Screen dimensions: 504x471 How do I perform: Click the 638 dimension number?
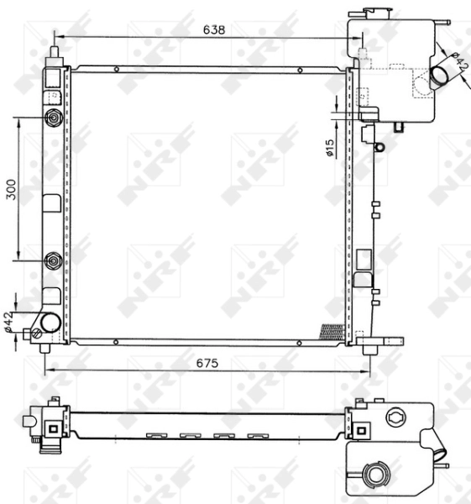click(214, 29)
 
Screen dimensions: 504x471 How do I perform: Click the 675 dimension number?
click(207, 363)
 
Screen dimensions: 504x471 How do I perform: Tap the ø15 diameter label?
click(330, 148)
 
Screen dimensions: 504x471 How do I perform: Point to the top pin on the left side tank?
click(55, 52)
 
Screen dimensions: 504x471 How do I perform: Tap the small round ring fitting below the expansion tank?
click(379, 147)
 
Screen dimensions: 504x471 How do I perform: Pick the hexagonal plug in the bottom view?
click(395, 417)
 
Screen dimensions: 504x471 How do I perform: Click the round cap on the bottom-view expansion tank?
click(374, 475)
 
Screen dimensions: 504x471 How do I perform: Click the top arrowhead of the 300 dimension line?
click(19, 120)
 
